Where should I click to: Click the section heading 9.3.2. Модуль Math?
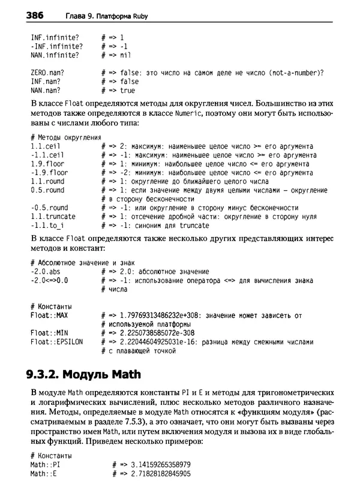tap(83, 375)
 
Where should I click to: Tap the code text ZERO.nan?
tap(47, 73)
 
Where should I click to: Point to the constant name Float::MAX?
tap(49, 315)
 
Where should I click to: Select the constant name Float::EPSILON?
tap(56, 342)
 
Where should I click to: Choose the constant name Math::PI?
tap(46, 465)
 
